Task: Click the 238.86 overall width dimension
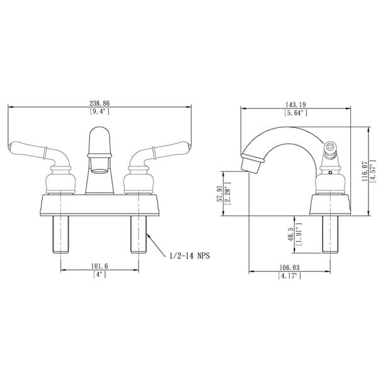point(100,101)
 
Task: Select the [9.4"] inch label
point(100,112)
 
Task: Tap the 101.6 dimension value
point(100,266)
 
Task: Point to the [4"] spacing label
point(100,275)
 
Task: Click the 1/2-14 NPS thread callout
point(188,256)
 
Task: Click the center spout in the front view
point(100,157)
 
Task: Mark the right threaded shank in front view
point(139,233)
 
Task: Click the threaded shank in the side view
point(330,233)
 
